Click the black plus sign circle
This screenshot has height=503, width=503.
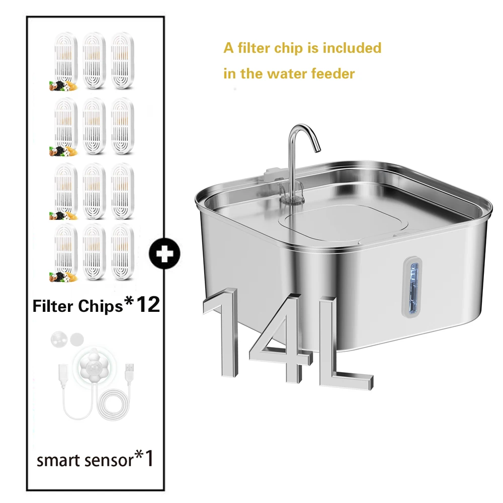164,254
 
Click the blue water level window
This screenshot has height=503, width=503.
414,287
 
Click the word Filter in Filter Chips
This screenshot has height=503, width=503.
53,306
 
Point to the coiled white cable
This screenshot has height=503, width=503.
114,408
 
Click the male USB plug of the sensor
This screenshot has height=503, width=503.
129,372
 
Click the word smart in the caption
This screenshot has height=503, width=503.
57,461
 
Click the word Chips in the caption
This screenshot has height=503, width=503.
100,306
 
